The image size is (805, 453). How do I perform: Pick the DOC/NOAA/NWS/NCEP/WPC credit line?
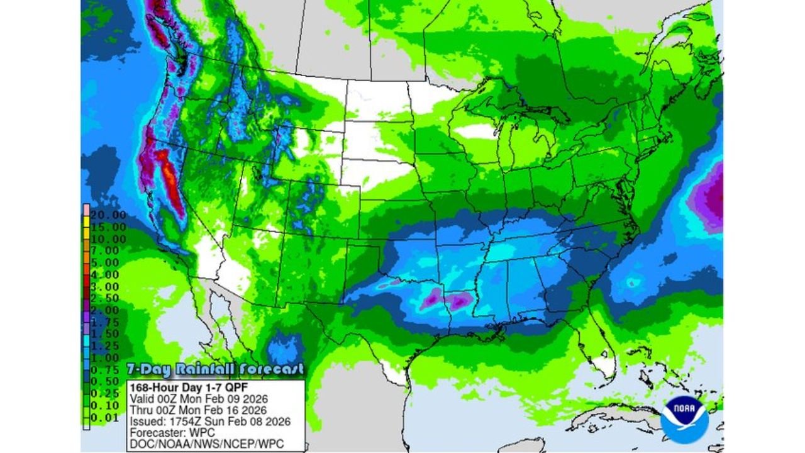click(206, 444)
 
